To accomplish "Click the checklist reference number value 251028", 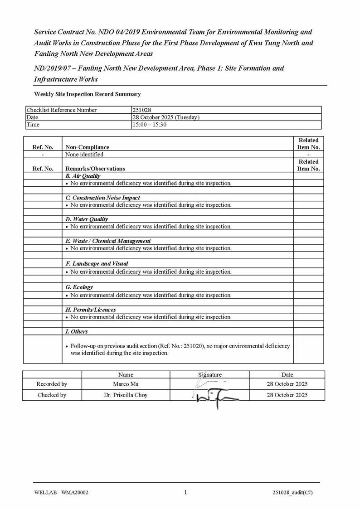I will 142,110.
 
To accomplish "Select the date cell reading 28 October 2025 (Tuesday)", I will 165,117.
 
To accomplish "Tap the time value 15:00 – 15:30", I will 149,125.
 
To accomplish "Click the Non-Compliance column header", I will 88,147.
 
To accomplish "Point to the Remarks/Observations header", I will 95,169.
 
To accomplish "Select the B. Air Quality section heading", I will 83,176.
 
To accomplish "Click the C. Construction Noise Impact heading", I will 103,198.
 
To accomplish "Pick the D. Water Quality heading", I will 87,219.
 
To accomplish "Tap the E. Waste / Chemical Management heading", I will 108,241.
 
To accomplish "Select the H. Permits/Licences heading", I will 91,310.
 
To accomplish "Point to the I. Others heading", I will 77,332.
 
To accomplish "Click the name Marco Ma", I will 126,384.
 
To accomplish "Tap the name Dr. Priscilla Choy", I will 126,395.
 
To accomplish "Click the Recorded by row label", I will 52,384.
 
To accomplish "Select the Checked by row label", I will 52,395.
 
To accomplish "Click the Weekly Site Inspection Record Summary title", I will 88,94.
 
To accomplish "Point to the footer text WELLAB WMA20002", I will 61,493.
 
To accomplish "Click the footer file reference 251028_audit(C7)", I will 292,493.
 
